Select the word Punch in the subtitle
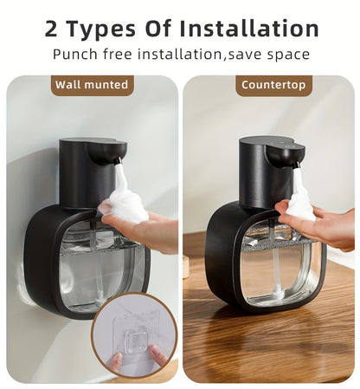(x=74, y=55)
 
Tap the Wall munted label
(x=92, y=85)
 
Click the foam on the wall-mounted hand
(x=125, y=205)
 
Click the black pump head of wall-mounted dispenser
(x=93, y=169)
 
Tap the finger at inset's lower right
(x=157, y=355)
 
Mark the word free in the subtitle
(x=121, y=55)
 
